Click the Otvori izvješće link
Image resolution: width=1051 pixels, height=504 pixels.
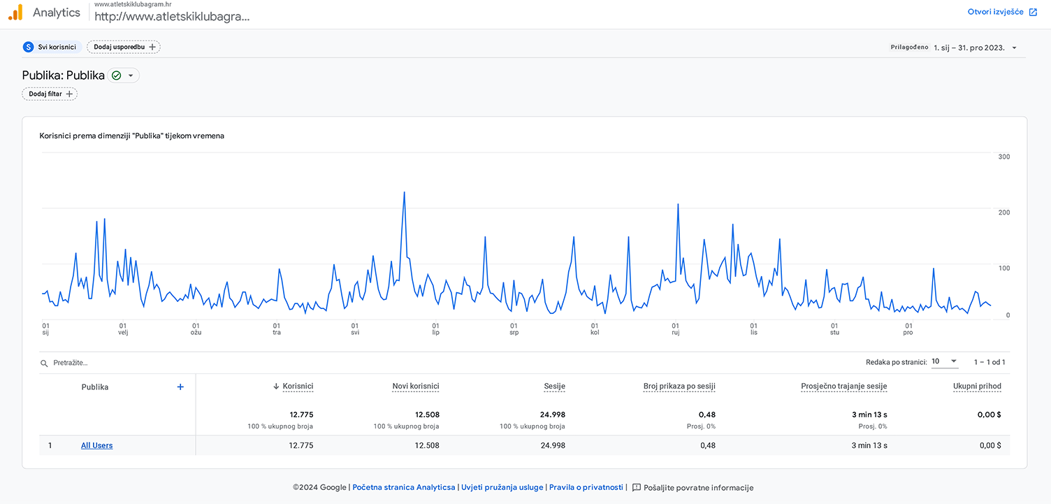(1002, 12)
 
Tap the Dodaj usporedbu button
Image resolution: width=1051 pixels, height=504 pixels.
(124, 47)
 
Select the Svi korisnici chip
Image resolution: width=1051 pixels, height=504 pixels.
(51, 47)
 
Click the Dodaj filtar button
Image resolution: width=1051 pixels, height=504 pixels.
(50, 94)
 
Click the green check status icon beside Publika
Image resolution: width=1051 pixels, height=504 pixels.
(117, 75)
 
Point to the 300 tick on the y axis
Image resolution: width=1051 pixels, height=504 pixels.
(1003, 157)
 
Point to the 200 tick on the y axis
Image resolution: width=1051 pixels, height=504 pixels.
(1003, 213)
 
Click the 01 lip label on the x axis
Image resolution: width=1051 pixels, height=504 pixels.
(435, 329)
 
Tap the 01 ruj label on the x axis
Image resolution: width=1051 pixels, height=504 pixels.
(675, 329)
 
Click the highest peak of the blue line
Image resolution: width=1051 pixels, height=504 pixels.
(404, 192)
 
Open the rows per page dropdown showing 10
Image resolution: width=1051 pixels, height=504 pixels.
(944, 361)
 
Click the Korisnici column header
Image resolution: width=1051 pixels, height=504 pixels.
(298, 386)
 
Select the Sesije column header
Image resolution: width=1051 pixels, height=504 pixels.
(555, 386)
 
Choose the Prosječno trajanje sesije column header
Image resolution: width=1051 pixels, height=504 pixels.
(843, 386)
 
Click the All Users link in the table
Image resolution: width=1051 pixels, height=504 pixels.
(96, 445)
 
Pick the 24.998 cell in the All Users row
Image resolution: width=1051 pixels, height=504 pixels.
(553, 445)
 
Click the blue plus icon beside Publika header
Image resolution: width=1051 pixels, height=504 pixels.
(180, 387)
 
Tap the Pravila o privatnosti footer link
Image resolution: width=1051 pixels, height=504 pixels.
(586, 488)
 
